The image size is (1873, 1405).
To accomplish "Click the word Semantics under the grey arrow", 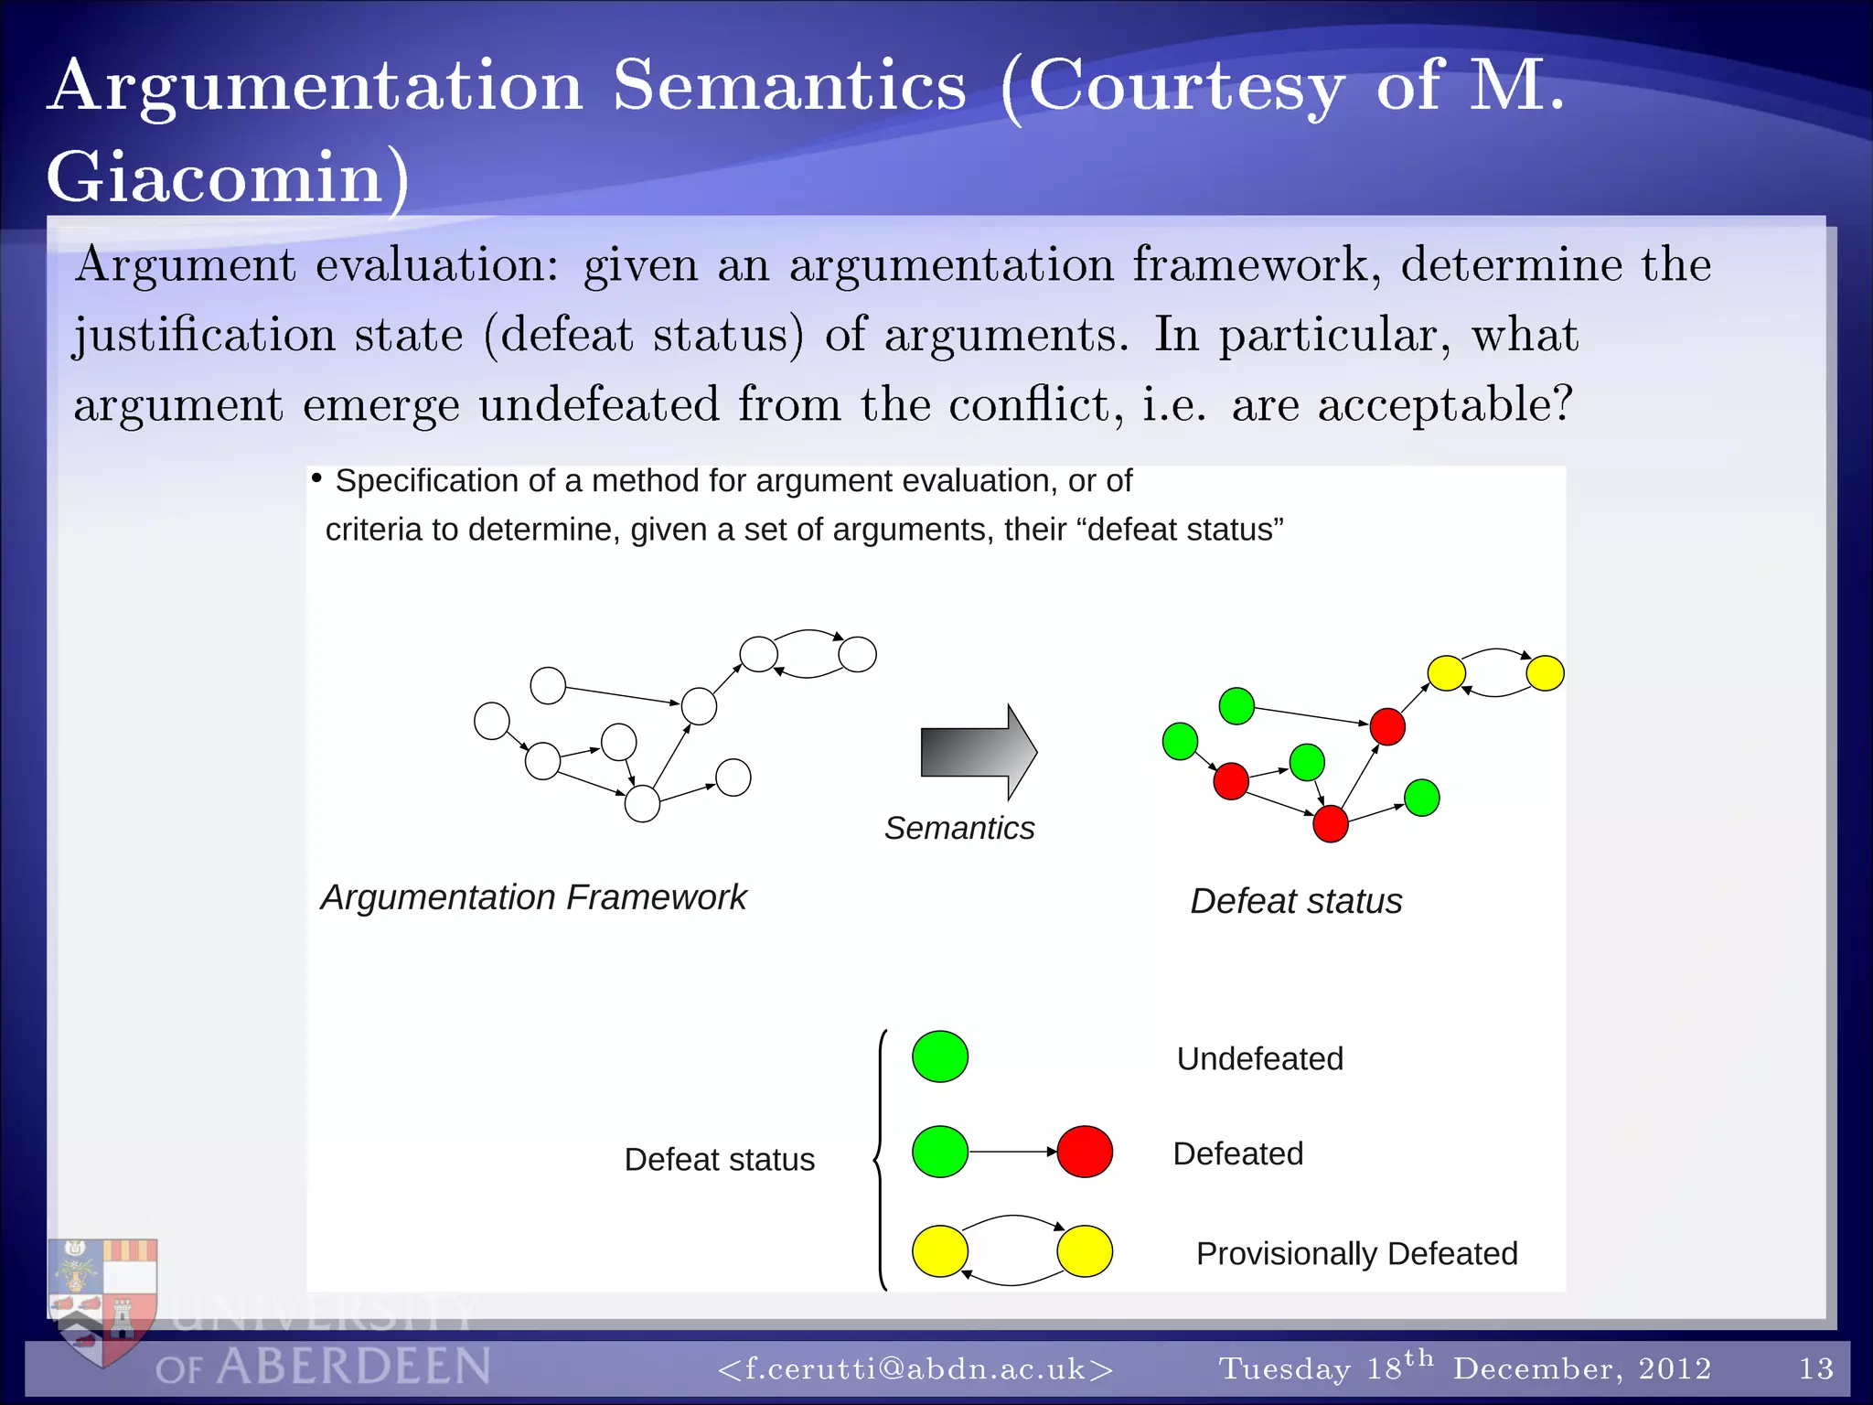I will click(958, 828).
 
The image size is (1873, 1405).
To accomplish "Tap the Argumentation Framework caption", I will click(533, 897).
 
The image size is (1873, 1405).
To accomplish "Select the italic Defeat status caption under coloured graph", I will click(1295, 901).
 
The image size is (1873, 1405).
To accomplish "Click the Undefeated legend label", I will click(1259, 1058).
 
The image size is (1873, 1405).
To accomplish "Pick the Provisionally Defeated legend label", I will click(1356, 1253).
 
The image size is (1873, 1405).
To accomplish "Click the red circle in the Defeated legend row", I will click(1085, 1152).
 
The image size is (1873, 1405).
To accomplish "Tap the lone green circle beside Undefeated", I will click(940, 1056).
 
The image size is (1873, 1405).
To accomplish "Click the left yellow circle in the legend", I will click(940, 1250).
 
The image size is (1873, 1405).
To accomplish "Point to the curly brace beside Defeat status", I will click(880, 1159).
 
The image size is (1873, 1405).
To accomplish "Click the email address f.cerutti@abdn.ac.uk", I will click(915, 1368).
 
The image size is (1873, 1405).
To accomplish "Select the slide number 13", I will click(1815, 1368).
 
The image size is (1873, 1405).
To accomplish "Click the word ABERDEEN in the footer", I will click(354, 1367).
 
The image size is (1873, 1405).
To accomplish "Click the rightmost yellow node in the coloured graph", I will click(1545, 673).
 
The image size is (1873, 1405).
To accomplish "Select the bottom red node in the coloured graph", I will click(1330, 823).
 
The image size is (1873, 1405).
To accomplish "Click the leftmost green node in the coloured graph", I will click(1180, 741).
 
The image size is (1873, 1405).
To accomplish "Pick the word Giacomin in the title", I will click(216, 177).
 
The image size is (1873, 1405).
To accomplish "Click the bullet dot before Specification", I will click(316, 478).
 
